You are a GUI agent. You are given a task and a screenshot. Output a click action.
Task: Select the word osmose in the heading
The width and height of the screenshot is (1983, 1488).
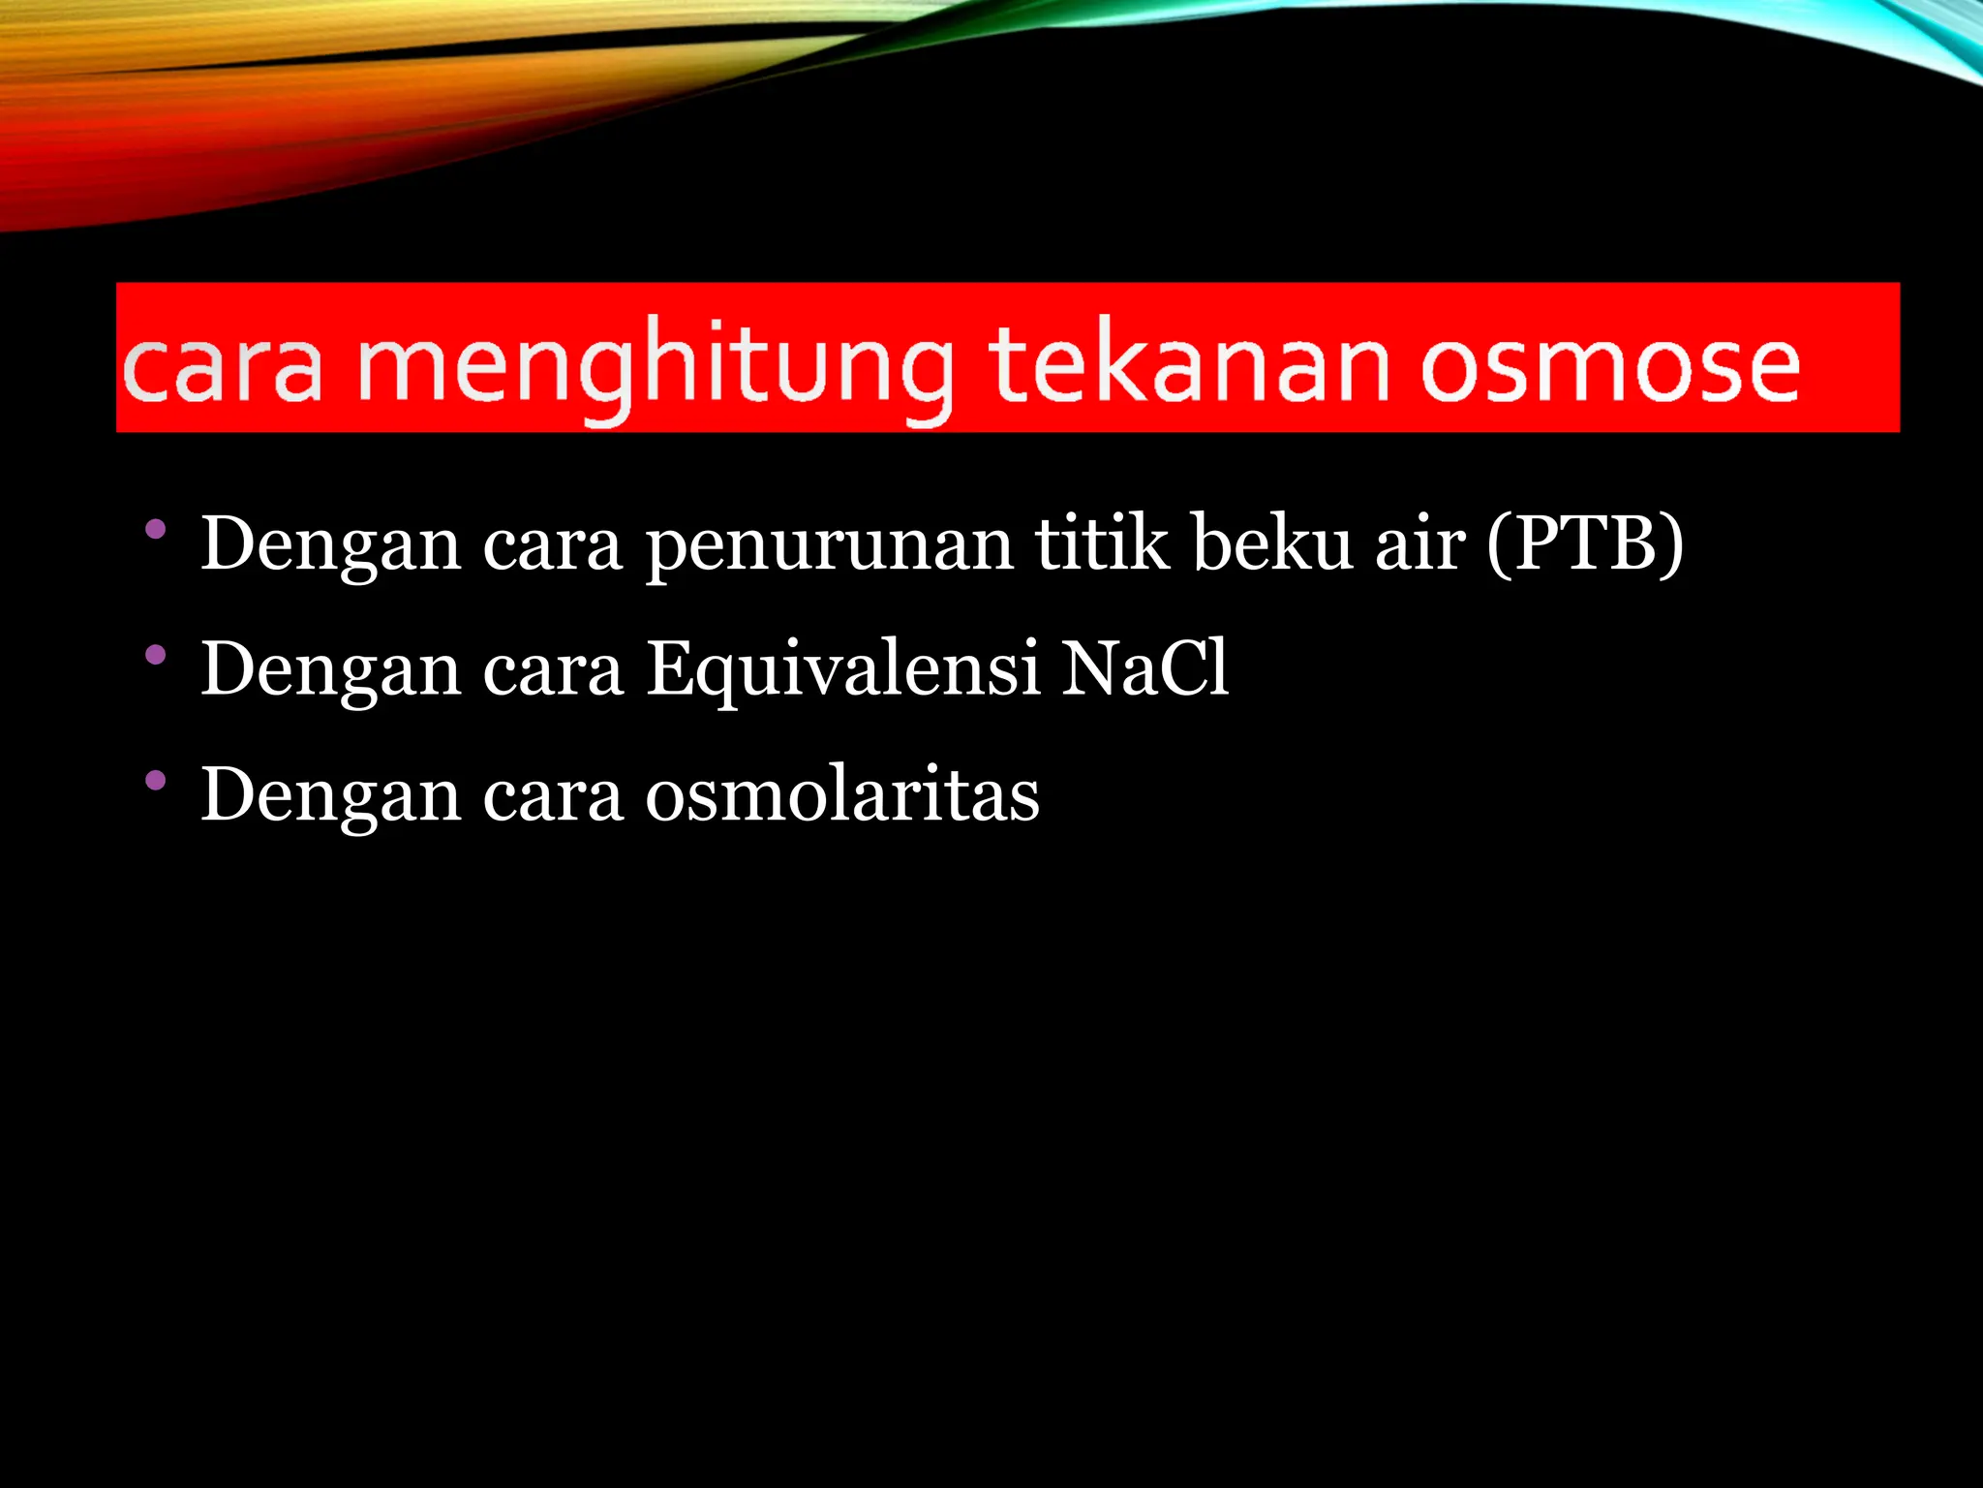click(x=1608, y=366)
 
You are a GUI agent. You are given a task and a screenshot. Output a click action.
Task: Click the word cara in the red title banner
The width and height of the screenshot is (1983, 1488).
click(x=223, y=369)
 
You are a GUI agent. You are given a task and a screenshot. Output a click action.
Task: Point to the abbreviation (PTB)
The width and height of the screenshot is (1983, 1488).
click(x=1585, y=543)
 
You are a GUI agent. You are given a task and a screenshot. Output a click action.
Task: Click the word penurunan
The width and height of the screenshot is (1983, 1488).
click(x=830, y=545)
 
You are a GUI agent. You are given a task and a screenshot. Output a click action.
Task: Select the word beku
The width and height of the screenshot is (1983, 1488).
click(x=1272, y=543)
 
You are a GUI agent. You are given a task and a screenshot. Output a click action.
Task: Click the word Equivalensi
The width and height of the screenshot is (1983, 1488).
click(x=842, y=669)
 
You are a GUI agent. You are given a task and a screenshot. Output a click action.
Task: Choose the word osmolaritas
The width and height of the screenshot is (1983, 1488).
click(x=842, y=794)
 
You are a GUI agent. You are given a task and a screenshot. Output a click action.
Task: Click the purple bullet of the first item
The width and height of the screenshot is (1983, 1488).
click(x=155, y=530)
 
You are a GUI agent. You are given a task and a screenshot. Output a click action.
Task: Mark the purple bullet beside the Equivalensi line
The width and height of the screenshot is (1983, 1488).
click(x=155, y=655)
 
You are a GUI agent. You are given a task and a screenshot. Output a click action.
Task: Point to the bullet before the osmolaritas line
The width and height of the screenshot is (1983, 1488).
click(x=155, y=780)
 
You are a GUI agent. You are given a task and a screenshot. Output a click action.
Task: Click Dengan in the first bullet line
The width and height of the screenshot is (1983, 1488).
click(x=330, y=545)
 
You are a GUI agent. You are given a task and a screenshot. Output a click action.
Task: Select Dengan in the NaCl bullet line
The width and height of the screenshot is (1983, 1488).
click(x=330, y=671)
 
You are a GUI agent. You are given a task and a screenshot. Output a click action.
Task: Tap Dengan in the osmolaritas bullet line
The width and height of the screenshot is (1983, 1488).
click(x=330, y=796)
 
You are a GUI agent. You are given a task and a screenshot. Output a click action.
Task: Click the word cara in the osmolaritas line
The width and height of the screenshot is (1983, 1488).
click(x=553, y=796)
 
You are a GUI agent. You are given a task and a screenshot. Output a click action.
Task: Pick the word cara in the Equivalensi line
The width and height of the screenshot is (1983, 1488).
click(x=553, y=671)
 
